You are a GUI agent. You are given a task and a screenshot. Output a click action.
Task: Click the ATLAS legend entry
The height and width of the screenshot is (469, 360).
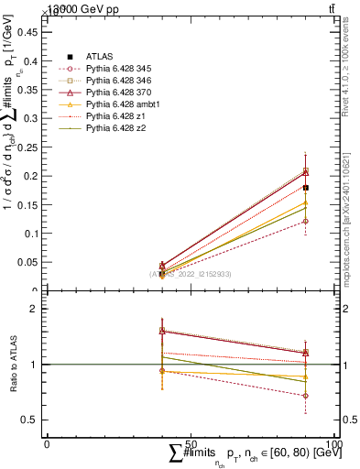pyautogui.click(x=100, y=56)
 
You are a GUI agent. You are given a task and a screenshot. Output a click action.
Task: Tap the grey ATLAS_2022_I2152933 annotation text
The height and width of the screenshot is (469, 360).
pyautogui.click(x=191, y=274)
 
